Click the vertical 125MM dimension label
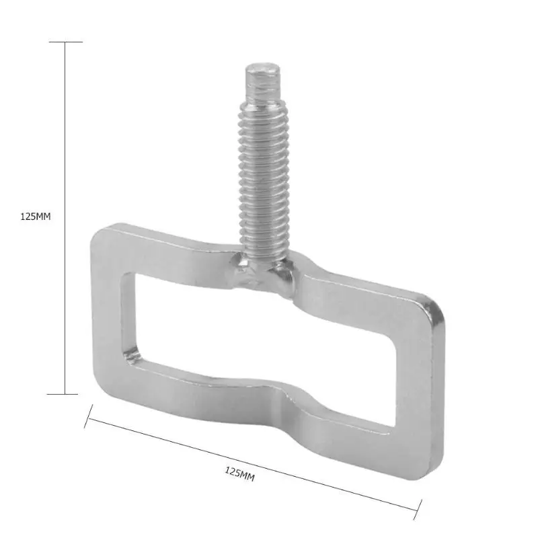click(36, 217)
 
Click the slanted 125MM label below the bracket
click(240, 474)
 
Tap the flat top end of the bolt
click(263, 69)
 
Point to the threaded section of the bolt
click(264, 175)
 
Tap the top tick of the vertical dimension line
click(65, 42)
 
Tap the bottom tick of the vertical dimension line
click(63, 394)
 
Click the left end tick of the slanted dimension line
click(89, 416)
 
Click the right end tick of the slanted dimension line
click(418, 510)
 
